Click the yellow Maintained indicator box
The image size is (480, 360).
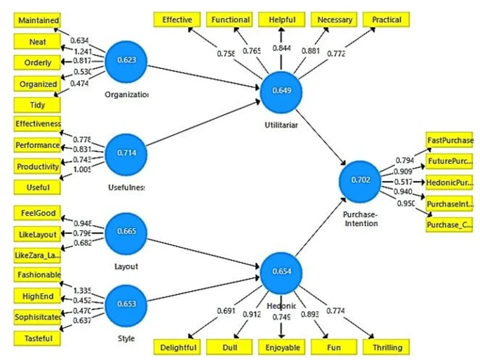[x=38, y=21]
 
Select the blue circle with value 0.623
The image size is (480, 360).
[x=126, y=60]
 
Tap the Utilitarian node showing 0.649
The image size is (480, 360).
[x=281, y=91]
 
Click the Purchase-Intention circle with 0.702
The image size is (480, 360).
[x=360, y=181]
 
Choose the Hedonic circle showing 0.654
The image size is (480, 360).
[x=281, y=271]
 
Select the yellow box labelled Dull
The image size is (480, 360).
[x=229, y=347]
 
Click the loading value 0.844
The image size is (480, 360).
[x=282, y=48]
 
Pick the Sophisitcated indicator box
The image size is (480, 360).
[x=38, y=317]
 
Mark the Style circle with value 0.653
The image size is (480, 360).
[x=126, y=303]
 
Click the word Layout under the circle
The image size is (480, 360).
[x=126, y=266]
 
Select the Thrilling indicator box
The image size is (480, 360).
[x=386, y=347]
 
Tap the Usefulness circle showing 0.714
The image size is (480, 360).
[x=126, y=153]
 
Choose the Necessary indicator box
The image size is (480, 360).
[x=334, y=20]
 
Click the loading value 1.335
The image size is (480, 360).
[x=82, y=291]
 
